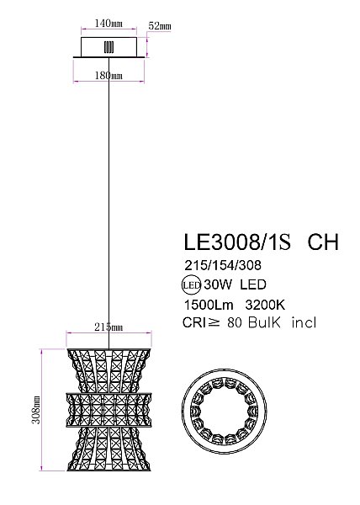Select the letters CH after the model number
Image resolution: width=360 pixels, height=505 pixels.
pyautogui.click(x=324, y=243)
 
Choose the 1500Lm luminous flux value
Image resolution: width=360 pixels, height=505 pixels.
pyautogui.click(x=204, y=304)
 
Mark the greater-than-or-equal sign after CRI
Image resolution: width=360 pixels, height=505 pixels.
pyautogui.click(x=220, y=323)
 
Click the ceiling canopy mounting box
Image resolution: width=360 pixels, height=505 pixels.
pyautogui.click(x=109, y=49)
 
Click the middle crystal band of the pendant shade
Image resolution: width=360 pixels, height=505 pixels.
pyautogui.click(x=109, y=407)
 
